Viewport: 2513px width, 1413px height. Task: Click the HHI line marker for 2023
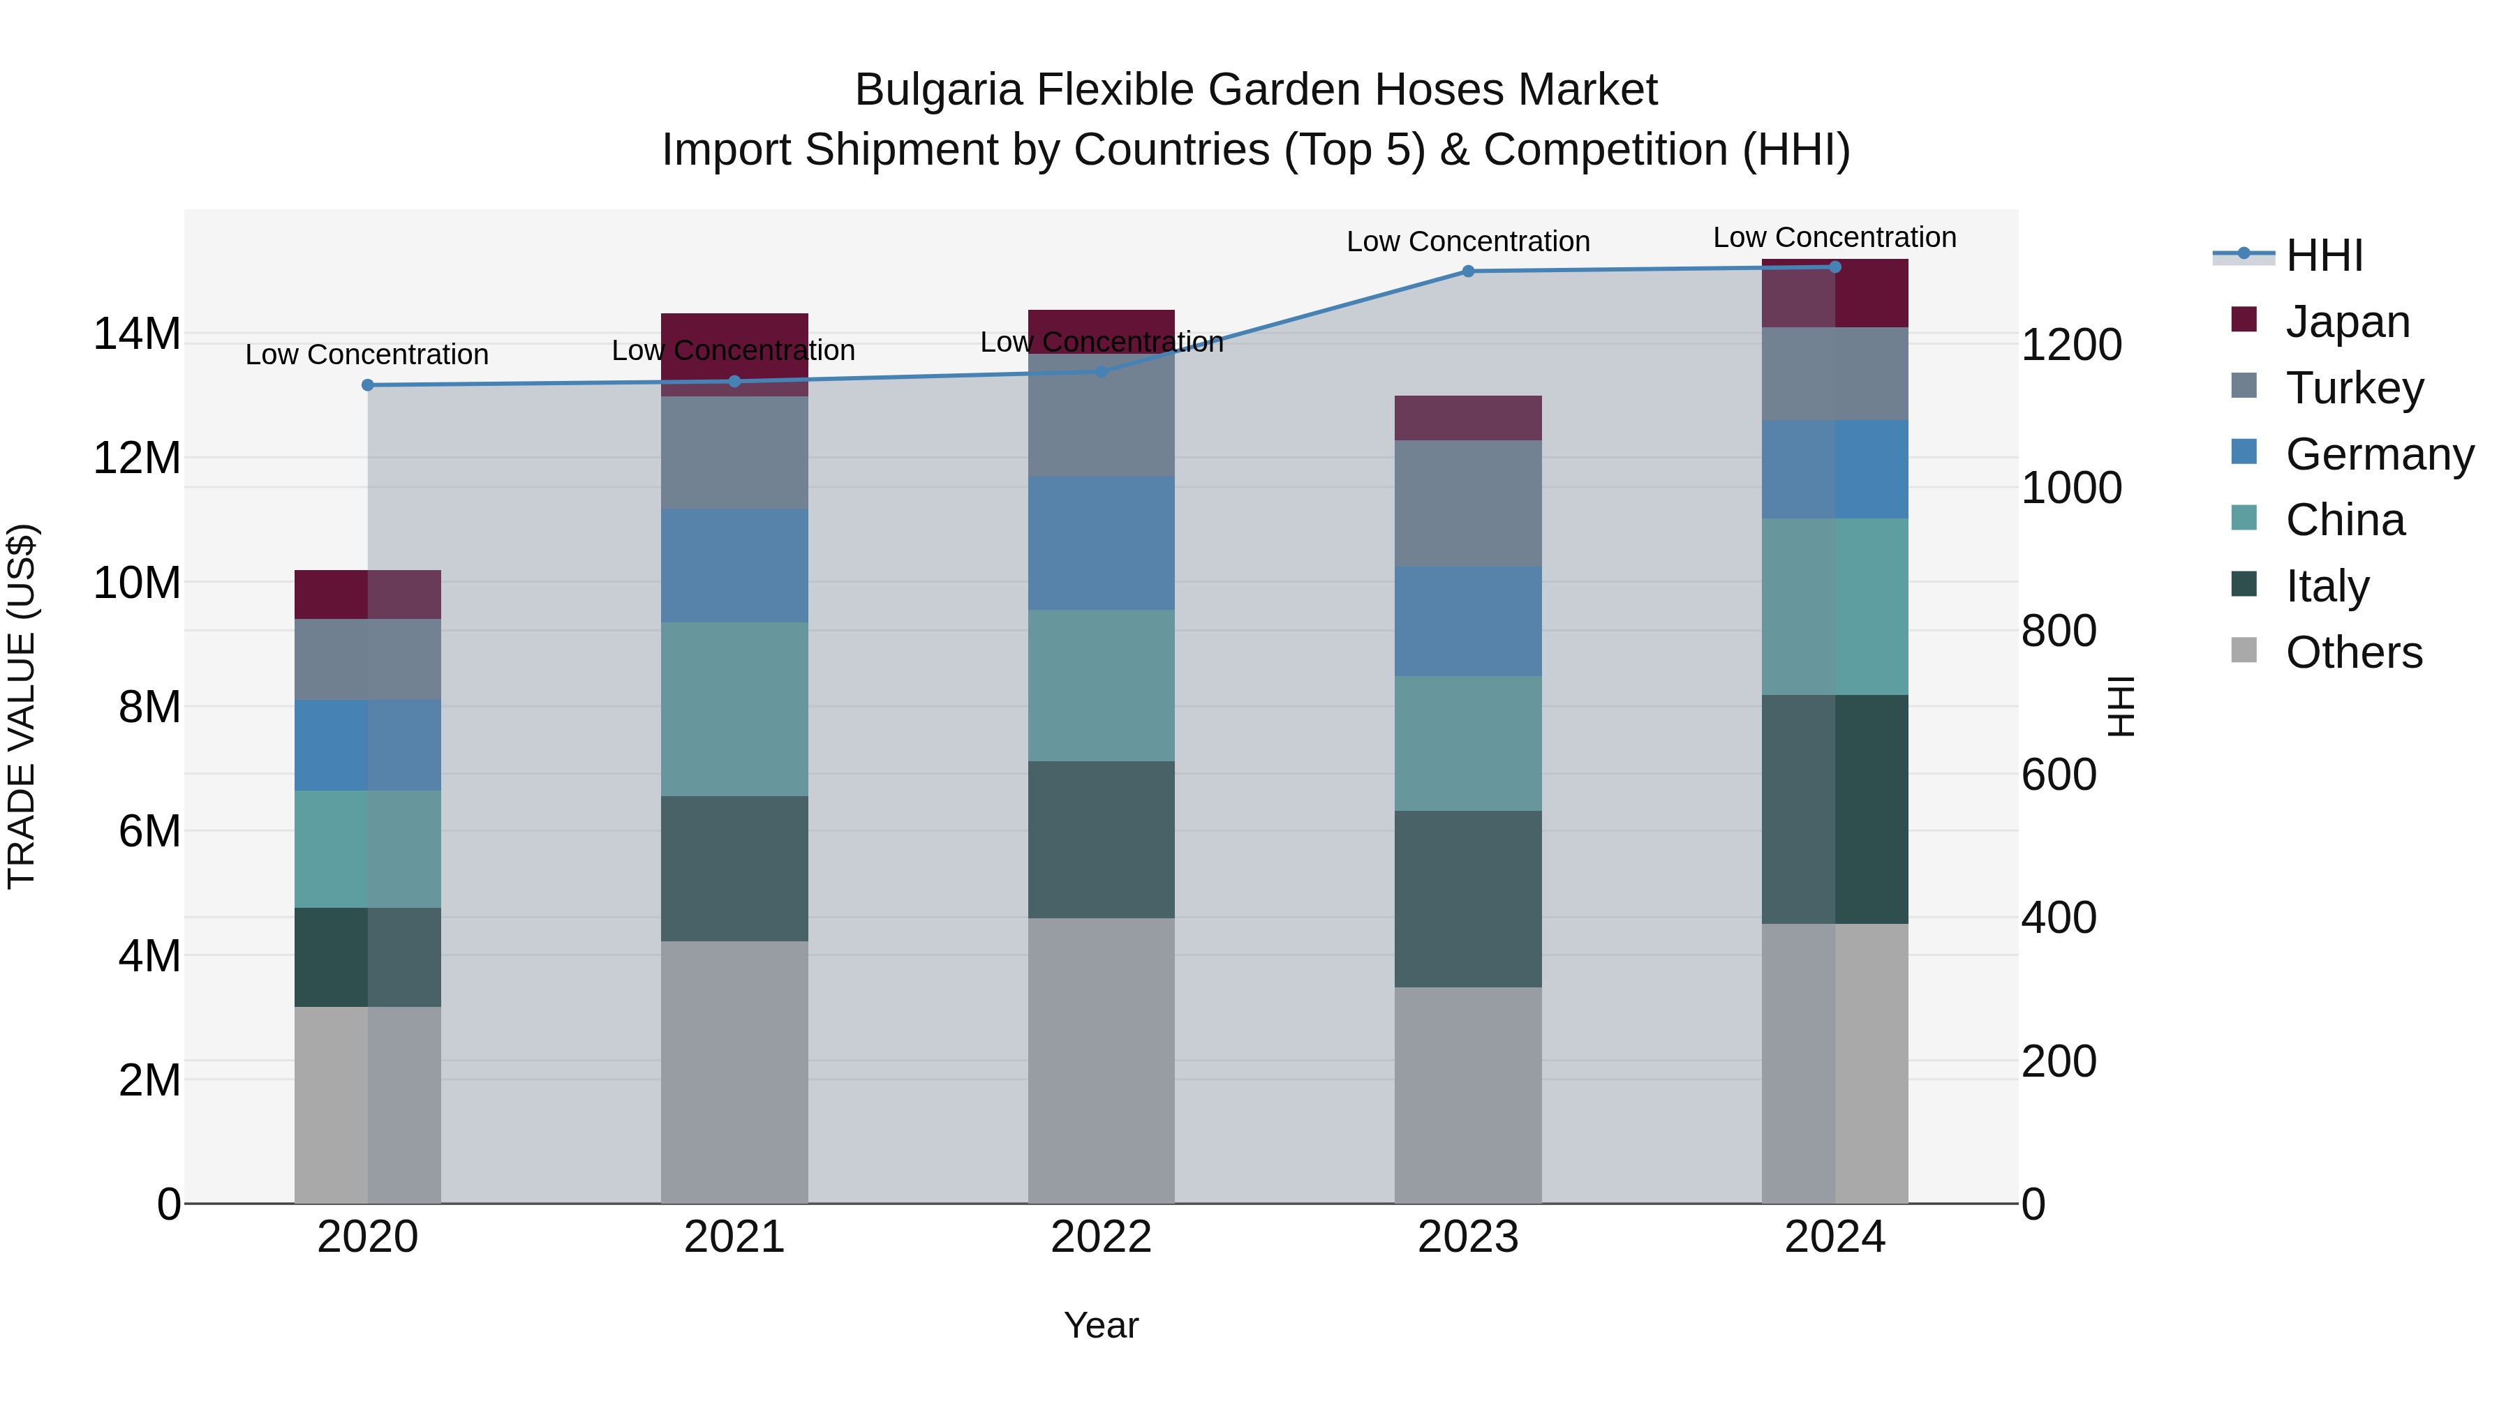[x=1467, y=271]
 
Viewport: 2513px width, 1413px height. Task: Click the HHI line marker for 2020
[x=368, y=385]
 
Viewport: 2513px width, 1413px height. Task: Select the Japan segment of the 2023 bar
[x=1467, y=419]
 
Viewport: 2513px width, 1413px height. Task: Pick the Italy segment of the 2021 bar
[x=734, y=868]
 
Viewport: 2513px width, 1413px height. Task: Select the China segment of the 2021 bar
[x=734, y=709]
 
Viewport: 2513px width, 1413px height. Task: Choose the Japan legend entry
[x=2346, y=322]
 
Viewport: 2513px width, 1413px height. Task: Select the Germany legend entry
[x=2378, y=454]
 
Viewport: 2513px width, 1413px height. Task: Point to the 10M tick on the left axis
[x=137, y=583]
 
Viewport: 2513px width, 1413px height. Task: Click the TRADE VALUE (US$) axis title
[x=22, y=706]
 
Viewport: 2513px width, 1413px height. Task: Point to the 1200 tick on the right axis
[x=2070, y=345]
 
